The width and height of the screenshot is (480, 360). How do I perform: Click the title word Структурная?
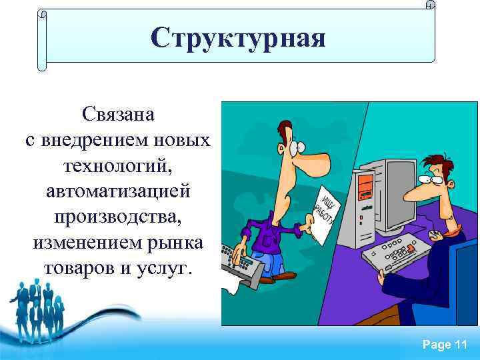239,38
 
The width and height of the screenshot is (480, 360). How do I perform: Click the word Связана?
119,114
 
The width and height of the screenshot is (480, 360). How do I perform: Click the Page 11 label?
445,345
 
